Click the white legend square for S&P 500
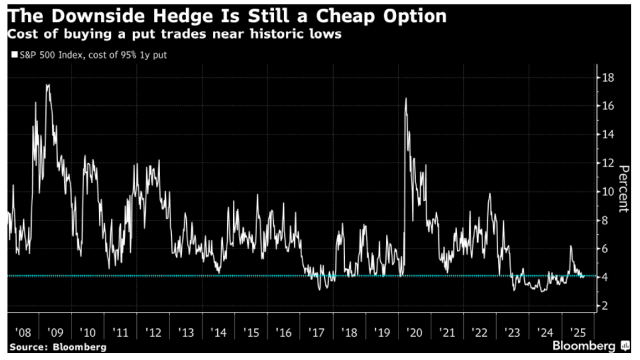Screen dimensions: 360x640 click(14, 55)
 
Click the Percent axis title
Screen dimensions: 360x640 click(622, 187)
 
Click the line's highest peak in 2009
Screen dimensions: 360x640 click(48, 85)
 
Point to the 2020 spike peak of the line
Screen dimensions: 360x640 click(406, 98)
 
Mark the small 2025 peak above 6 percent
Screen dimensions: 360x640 click(570, 246)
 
